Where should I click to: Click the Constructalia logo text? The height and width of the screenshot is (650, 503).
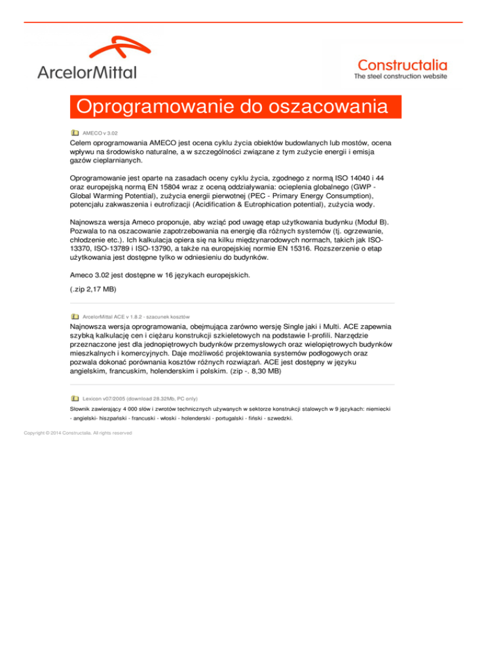coord(402,65)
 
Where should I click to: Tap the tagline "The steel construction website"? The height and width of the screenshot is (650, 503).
coord(401,77)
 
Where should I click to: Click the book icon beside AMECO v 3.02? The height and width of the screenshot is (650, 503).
coord(75,133)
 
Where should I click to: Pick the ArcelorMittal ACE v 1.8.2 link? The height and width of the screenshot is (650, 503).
coord(136,316)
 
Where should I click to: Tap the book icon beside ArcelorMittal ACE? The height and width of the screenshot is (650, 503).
coord(75,316)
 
